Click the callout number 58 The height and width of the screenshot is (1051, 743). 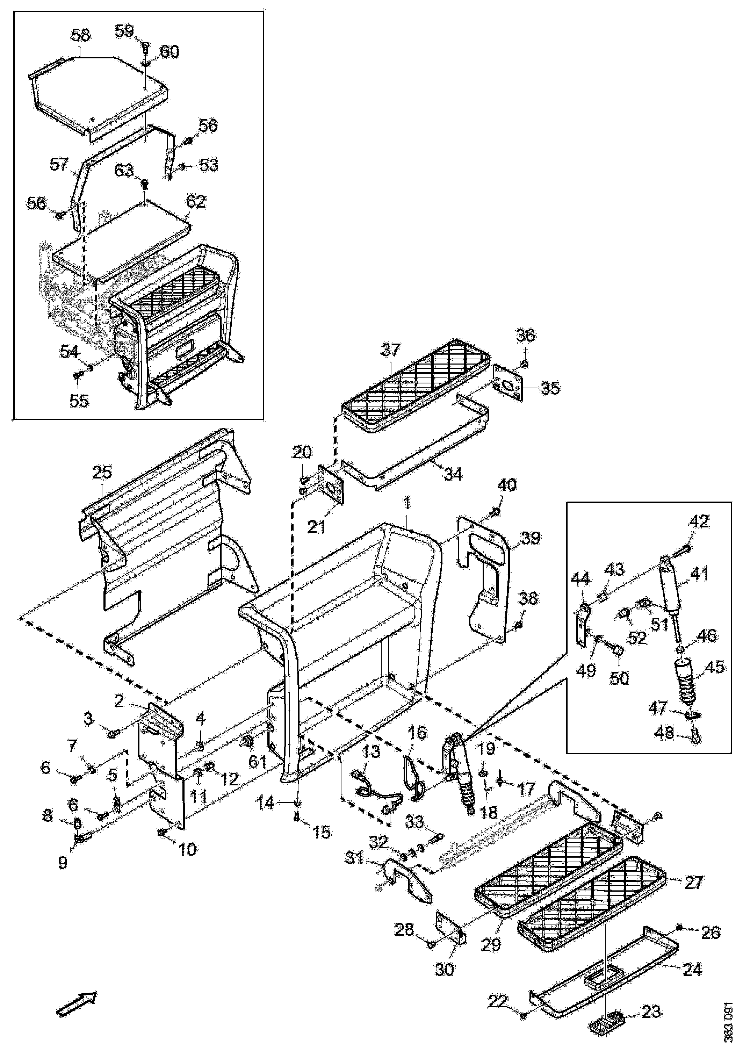(x=81, y=36)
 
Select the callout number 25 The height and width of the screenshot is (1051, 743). (x=102, y=473)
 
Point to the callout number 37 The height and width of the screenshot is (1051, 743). (x=391, y=350)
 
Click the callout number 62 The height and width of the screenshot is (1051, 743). (x=196, y=202)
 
